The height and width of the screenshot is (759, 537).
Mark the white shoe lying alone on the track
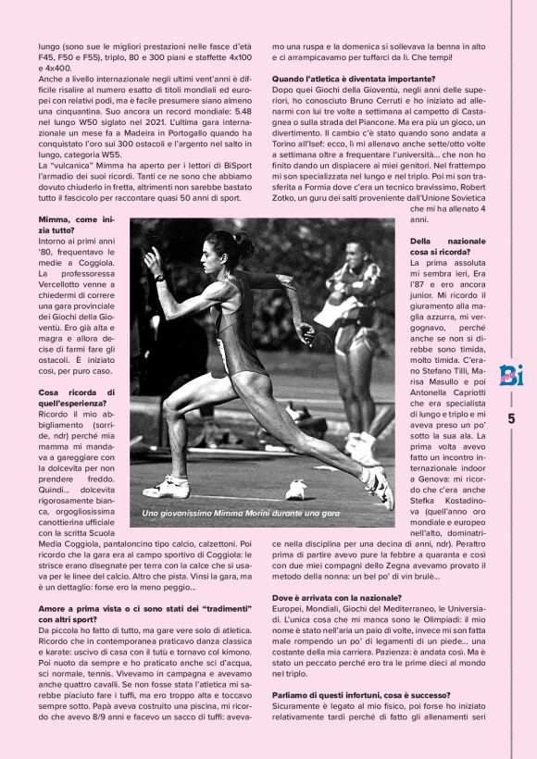(296, 488)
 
